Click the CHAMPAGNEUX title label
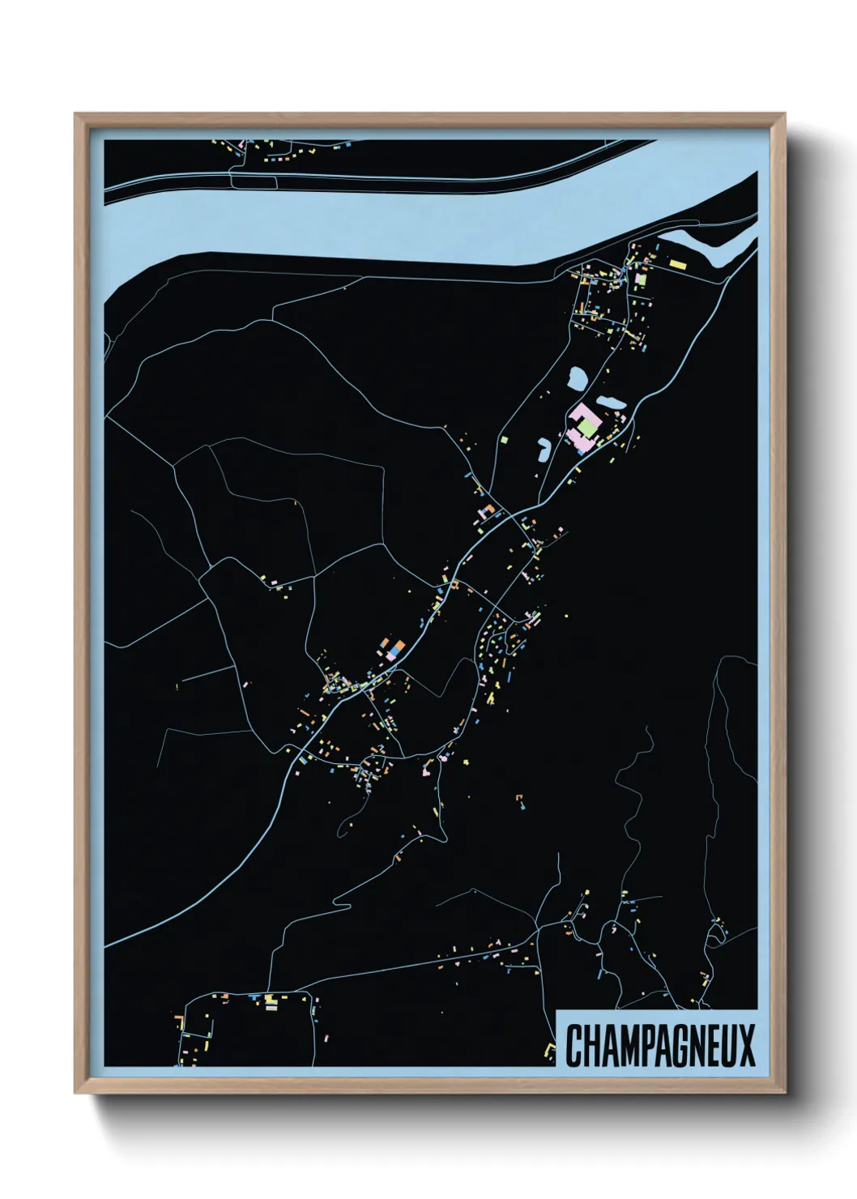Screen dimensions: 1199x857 [659, 1045]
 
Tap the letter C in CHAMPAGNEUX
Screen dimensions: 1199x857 [573, 1046]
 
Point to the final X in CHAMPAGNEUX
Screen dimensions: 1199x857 [746, 1046]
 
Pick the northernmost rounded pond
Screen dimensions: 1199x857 [578, 378]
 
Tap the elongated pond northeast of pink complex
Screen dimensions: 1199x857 [610, 402]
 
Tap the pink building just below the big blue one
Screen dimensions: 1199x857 [392, 658]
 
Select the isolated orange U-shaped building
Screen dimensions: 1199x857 [519, 801]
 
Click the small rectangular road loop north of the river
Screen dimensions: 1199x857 [254, 181]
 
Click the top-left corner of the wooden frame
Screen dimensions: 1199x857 [78, 116]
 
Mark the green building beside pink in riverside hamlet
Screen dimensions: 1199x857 [642, 279]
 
